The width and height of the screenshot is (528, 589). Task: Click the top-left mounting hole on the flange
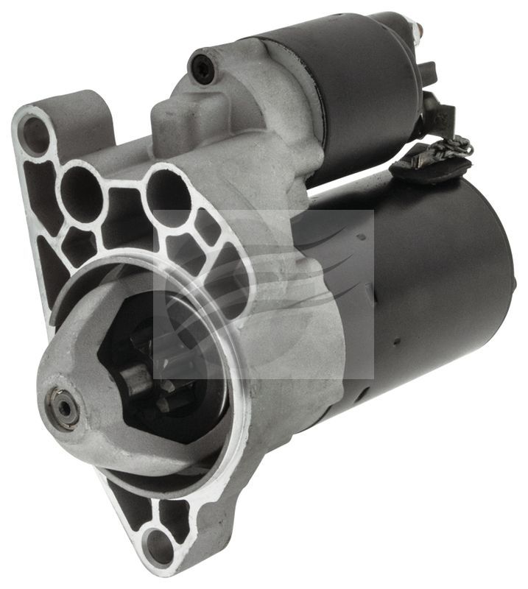tap(33, 133)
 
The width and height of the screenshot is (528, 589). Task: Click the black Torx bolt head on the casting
tap(200, 68)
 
